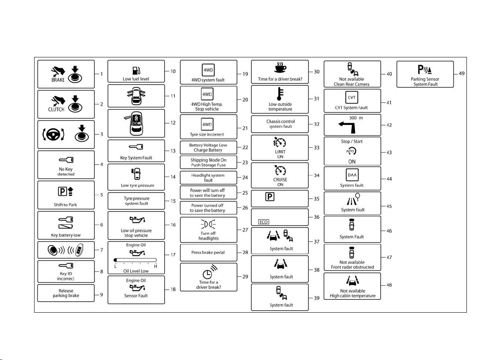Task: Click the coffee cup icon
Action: (x=280, y=67)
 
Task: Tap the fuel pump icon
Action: (x=136, y=71)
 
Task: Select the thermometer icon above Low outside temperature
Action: (x=280, y=94)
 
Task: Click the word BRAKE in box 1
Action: (x=58, y=80)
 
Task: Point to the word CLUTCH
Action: (x=56, y=109)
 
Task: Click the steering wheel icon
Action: (x=53, y=134)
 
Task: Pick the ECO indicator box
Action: (x=263, y=222)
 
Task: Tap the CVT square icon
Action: (x=352, y=98)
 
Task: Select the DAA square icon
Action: (x=352, y=175)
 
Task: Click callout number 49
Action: (x=462, y=73)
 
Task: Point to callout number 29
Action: (x=245, y=277)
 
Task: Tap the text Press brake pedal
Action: (x=208, y=252)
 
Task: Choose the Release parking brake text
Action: (x=66, y=293)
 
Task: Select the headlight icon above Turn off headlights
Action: (x=208, y=224)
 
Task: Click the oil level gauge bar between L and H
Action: (x=135, y=260)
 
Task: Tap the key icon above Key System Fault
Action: (x=136, y=146)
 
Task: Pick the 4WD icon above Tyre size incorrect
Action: (x=207, y=124)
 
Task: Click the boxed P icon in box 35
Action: (x=270, y=197)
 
